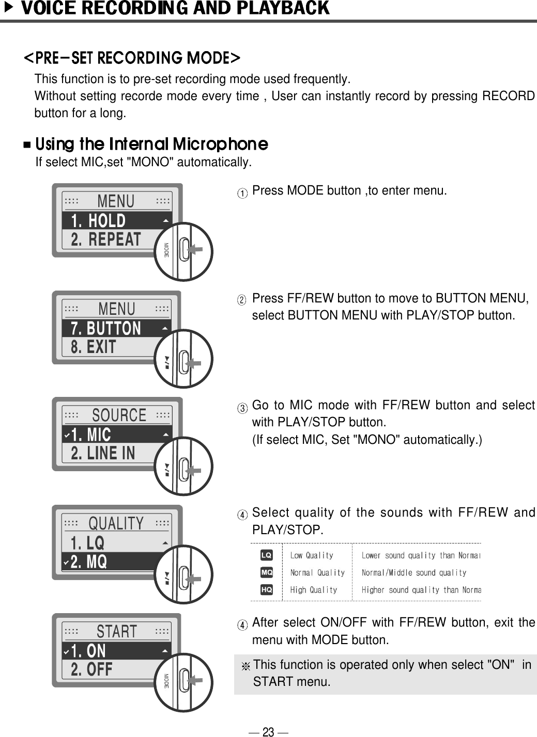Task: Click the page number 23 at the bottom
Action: point(268,731)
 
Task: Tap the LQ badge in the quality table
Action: point(266,555)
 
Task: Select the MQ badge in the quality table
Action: point(266,572)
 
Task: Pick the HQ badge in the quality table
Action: point(266,589)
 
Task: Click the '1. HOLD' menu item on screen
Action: point(99,221)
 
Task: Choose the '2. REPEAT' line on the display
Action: point(106,240)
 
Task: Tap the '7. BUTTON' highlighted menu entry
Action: point(106,328)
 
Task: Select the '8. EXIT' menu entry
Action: point(94,347)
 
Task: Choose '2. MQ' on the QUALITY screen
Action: point(89,562)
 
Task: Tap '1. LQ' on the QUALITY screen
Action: point(88,543)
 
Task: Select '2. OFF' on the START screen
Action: point(91,670)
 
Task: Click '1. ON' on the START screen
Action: point(88,651)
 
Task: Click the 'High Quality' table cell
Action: point(314,589)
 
